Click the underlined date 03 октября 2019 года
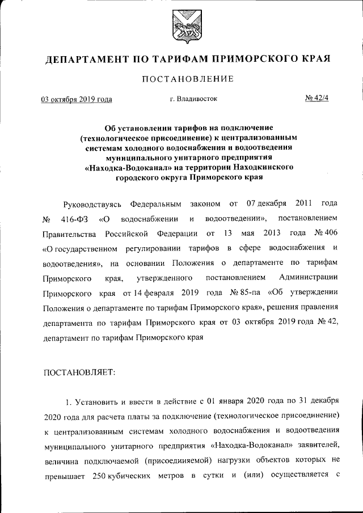(77, 99)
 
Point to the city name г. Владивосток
(193, 99)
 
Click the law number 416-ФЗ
(73, 219)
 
